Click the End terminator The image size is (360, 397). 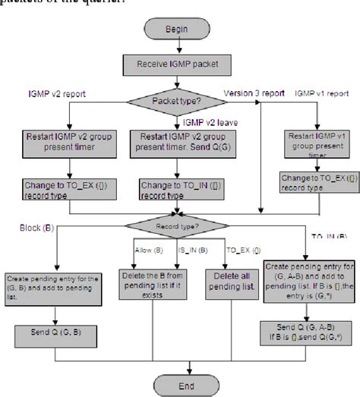click(x=176, y=384)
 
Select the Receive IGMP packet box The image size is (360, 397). click(x=177, y=64)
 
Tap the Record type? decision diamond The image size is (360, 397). click(x=176, y=225)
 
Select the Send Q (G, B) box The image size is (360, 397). click(x=54, y=332)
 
